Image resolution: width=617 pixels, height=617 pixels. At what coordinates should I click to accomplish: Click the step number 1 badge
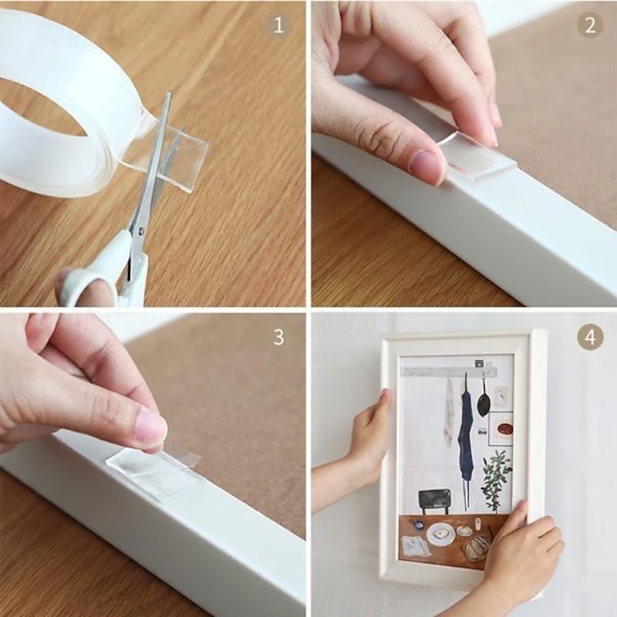click(x=279, y=25)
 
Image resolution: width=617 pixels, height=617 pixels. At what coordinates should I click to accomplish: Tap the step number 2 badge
click(x=589, y=25)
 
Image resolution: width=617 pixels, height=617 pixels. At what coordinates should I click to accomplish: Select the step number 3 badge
click(x=279, y=337)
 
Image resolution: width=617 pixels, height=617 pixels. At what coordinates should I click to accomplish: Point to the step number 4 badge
click(x=589, y=337)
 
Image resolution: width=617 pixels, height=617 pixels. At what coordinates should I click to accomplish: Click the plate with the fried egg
click(x=441, y=534)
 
